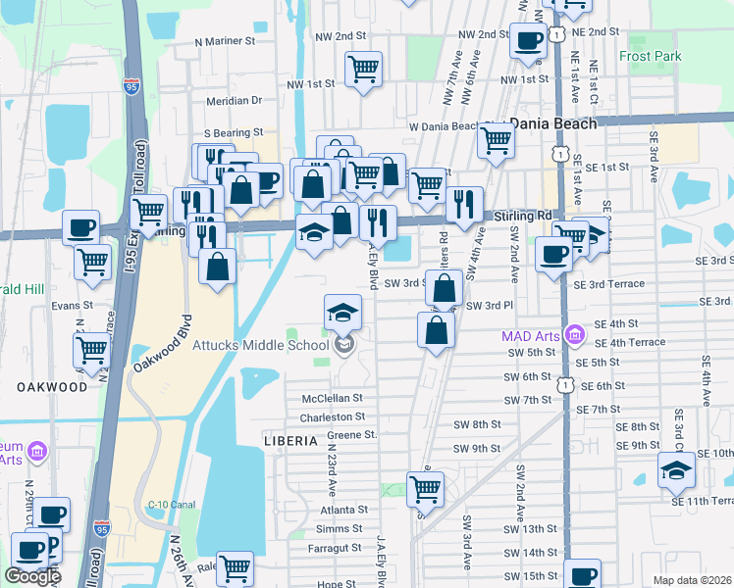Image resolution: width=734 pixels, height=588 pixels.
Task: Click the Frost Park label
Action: click(x=650, y=57)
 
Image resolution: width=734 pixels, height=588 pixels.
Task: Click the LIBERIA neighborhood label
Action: click(x=290, y=442)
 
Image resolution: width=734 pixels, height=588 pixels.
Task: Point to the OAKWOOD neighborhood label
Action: click(x=52, y=387)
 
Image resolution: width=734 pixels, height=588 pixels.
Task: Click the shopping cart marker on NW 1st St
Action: click(x=363, y=69)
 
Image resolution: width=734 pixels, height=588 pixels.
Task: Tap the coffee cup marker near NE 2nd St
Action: click(x=528, y=41)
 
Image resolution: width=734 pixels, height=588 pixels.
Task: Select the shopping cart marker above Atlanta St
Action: click(x=425, y=488)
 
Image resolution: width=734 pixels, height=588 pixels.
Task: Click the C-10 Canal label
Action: click(x=168, y=506)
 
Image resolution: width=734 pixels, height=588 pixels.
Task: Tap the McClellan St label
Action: click(x=332, y=399)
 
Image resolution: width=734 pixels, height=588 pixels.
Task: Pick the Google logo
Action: click(x=32, y=576)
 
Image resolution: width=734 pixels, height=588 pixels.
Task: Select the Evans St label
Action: click(x=72, y=305)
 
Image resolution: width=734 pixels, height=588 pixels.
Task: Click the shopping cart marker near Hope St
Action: click(x=235, y=567)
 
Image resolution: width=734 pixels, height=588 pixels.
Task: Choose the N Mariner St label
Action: click(x=225, y=42)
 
